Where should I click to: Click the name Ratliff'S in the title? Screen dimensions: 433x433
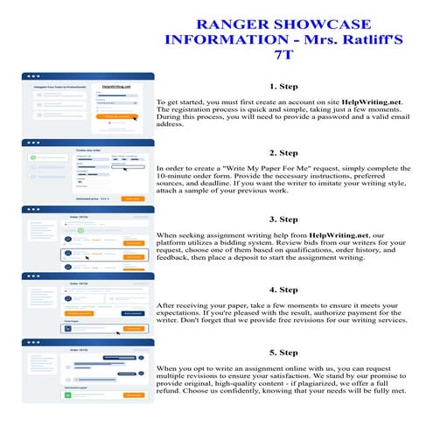tap(355, 41)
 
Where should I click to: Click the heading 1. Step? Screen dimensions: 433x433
tap(284, 87)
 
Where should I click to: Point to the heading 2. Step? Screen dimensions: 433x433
tap(284, 152)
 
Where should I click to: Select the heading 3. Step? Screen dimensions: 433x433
tap(284, 219)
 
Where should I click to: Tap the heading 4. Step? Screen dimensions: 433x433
tap(284, 289)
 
